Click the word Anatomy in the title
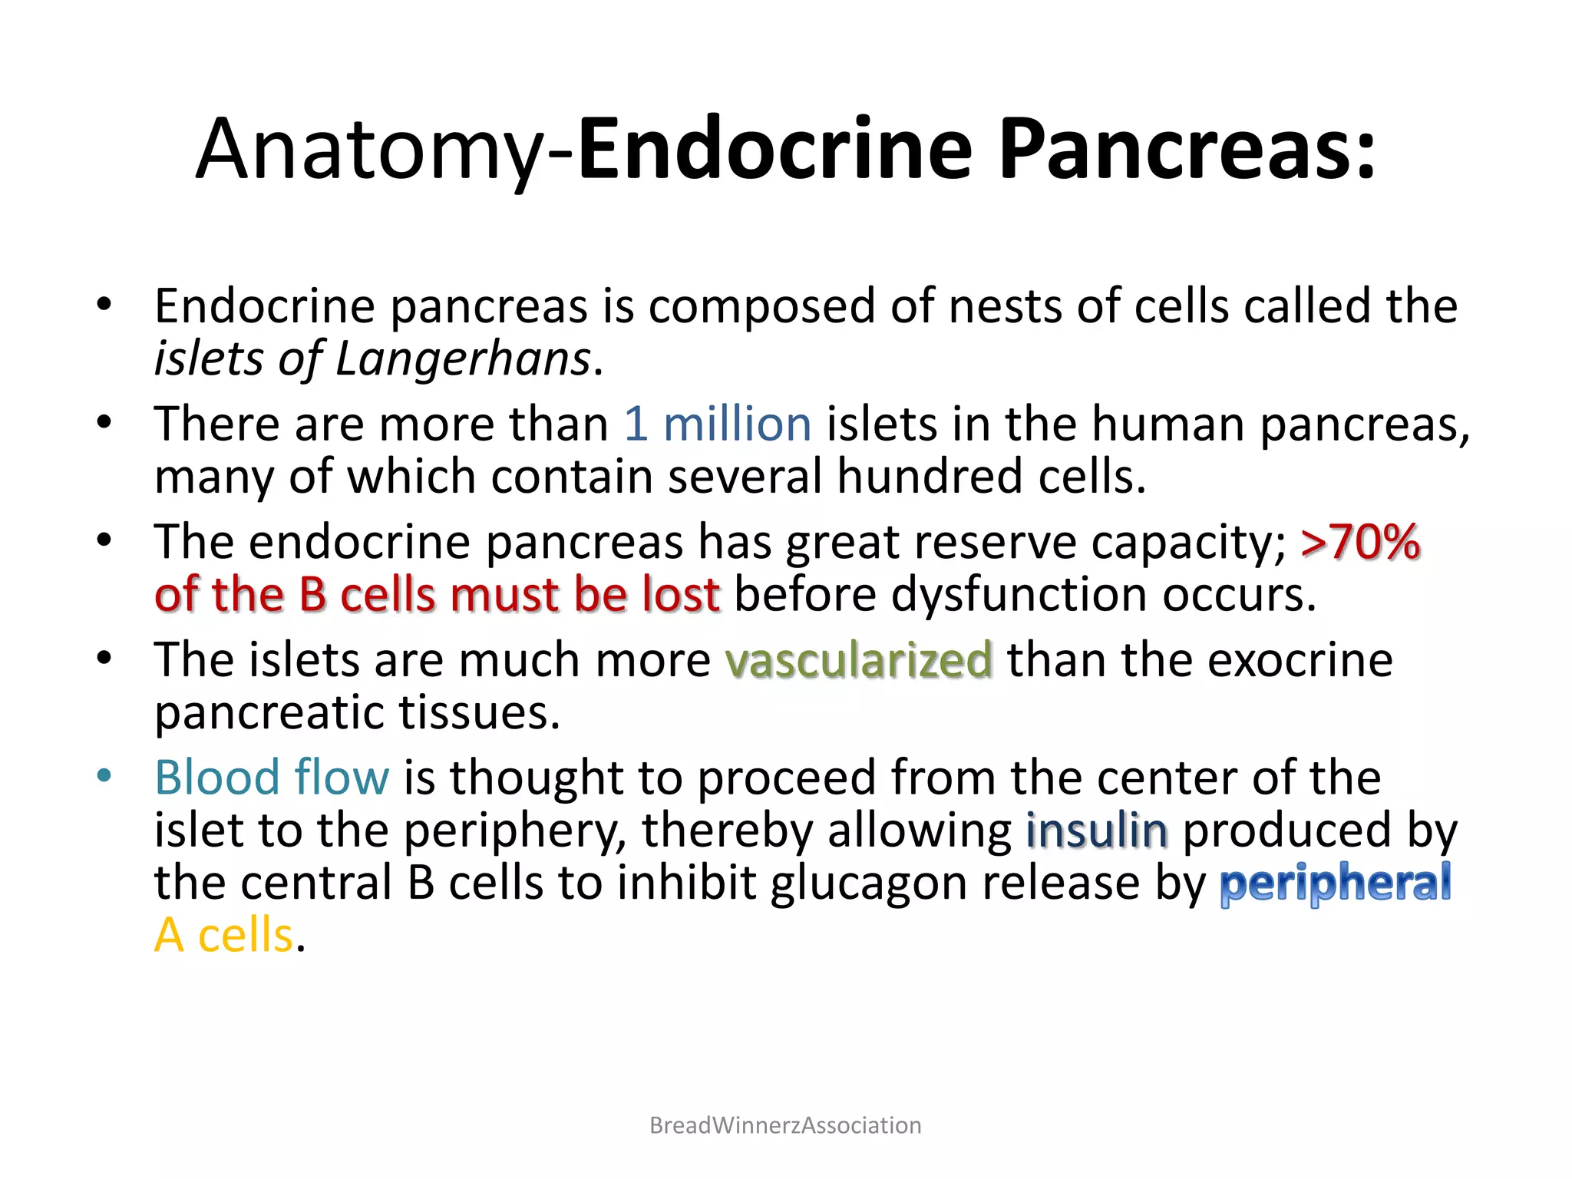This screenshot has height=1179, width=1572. tap(368, 150)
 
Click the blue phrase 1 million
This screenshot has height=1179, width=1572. tap(718, 424)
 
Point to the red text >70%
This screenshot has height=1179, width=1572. tap(1360, 542)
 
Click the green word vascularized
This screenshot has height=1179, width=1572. tap(859, 660)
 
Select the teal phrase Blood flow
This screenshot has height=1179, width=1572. tap(272, 778)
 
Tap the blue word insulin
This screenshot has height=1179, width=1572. tap(1098, 831)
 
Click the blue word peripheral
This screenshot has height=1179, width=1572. tap(1336, 883)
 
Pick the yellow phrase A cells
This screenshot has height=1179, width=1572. tap(224, 936)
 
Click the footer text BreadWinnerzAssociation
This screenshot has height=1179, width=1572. tap(785, 1125)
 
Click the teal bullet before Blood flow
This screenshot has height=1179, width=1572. tap(104, 775)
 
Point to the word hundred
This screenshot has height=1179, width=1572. tap(930, 477)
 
